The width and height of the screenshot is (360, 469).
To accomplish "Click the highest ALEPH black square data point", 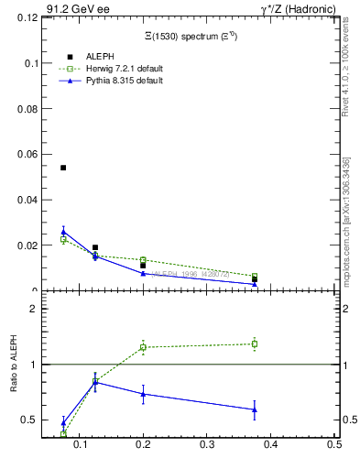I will click(x=63, y=168).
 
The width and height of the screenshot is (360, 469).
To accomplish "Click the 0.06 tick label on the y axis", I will click(x=27, y=154).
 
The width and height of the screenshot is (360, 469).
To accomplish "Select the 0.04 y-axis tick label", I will click(x=27, y=200).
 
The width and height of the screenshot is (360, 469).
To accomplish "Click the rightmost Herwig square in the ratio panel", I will click(x=254, y=344).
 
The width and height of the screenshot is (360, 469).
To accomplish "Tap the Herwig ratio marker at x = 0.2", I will click(x=143, y=347).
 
